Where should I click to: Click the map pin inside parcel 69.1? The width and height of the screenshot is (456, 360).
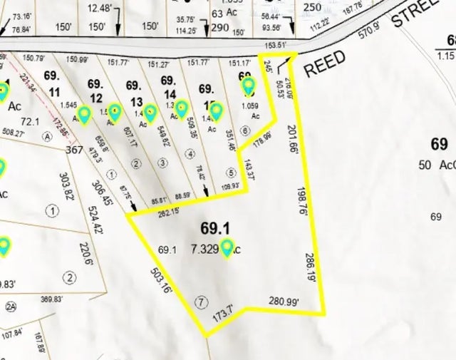227,248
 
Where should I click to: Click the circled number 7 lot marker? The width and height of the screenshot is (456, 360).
202,302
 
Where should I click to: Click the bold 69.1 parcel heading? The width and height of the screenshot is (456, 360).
215,229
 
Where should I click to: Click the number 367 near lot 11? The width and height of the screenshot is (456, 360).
75,150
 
